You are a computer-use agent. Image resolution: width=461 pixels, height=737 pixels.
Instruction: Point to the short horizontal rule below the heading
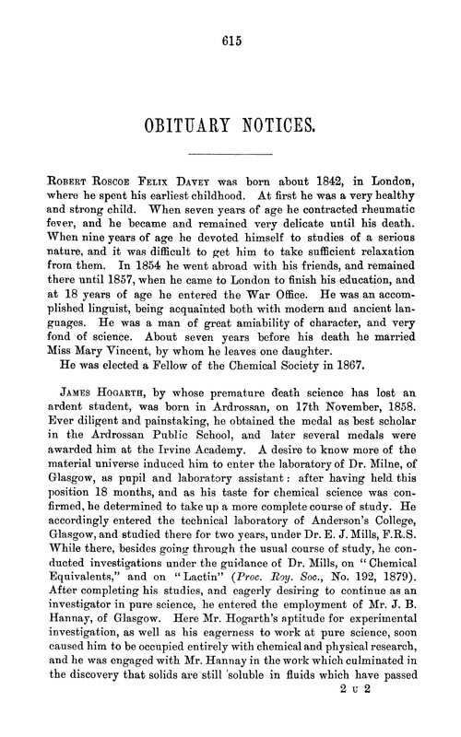(230, 153)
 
